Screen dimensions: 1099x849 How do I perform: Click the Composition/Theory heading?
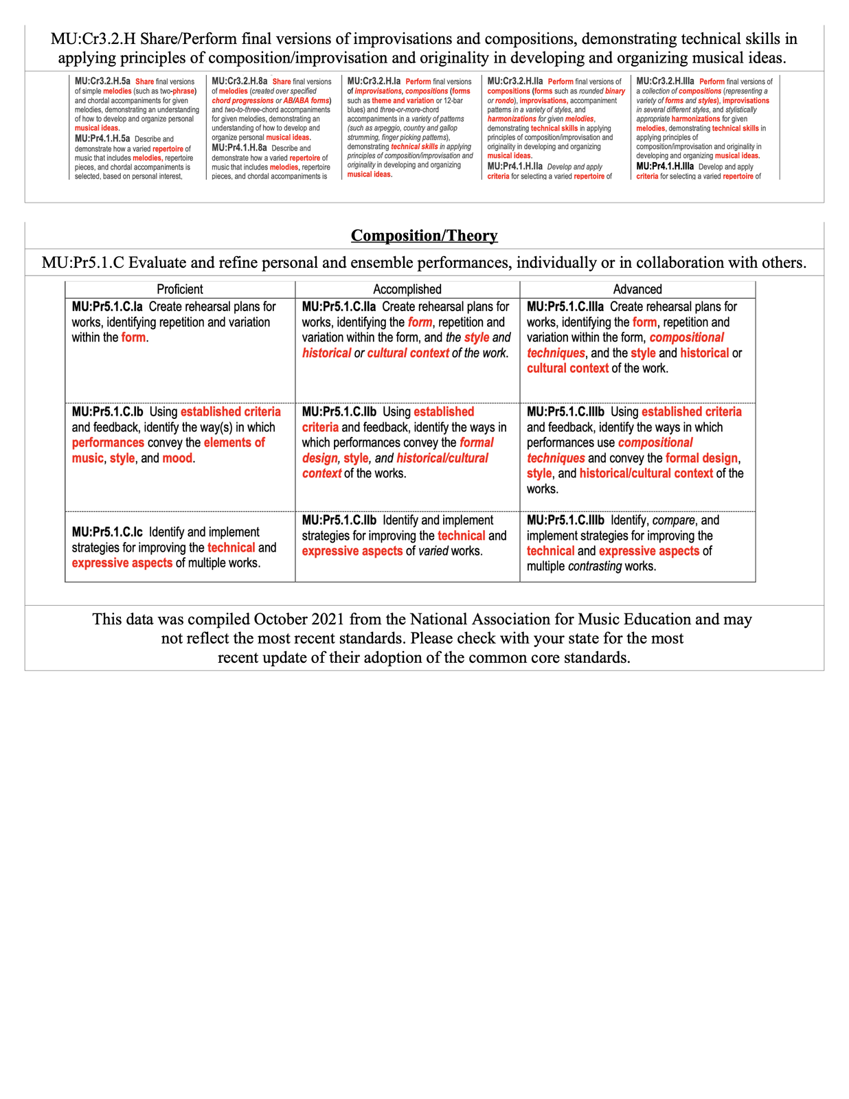424,236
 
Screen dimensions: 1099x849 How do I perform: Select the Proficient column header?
180,289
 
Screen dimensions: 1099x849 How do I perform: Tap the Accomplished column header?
407,289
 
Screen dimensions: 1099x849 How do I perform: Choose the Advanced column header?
637,289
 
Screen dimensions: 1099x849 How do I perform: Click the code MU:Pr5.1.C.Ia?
107,306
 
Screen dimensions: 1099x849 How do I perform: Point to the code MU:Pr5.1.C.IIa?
339,306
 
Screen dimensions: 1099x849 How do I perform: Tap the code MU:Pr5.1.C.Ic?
107,532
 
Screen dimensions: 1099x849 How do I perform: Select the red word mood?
177,458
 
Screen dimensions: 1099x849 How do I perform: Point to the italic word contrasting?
595,567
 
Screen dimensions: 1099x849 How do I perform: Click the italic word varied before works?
432,551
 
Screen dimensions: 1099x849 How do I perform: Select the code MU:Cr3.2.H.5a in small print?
102,82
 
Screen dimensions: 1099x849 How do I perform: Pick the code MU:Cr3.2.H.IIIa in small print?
665,82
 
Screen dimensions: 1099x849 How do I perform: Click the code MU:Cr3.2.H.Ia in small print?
374,82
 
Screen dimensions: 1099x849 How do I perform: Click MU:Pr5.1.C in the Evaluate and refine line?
82,262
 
